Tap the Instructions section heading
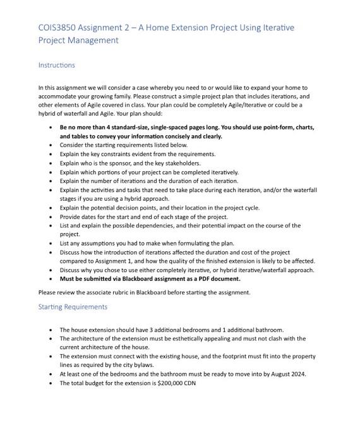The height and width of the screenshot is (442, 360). pos(56,65)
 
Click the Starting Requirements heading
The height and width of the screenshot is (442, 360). pos(73,307)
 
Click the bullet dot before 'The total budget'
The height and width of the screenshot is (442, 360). pos(51,383)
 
